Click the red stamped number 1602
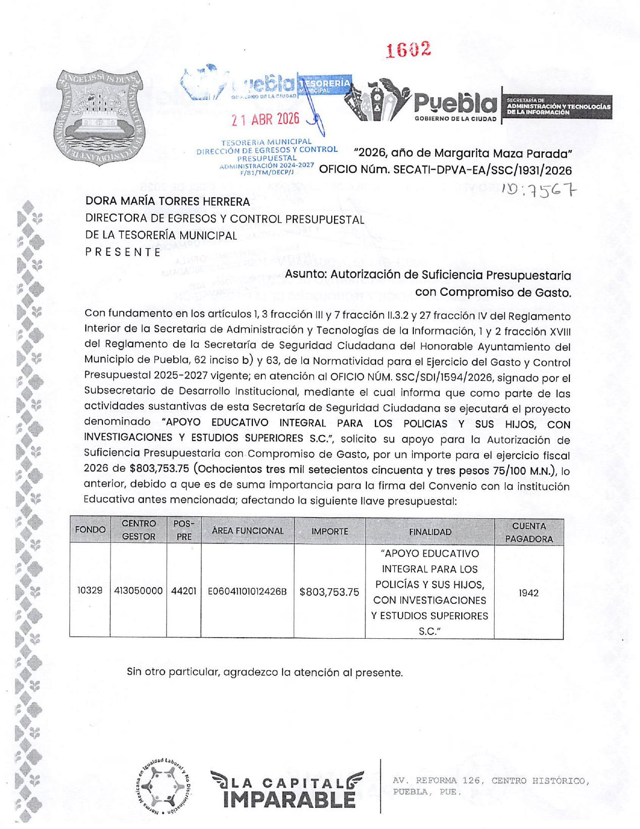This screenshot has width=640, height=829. click(408, 49)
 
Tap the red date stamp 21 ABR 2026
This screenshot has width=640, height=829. click(265, 120)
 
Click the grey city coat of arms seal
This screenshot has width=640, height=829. click(99, 117)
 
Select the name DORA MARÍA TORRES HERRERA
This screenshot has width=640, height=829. click(168, 201)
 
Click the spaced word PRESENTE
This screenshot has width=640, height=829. click(123, 252)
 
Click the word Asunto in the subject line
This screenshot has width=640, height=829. click(305, 275)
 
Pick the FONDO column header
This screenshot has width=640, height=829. click(90, 530)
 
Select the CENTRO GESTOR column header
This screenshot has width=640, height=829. click(139, 530)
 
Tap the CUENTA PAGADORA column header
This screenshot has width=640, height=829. click(529, 532)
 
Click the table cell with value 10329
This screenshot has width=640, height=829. click(90, 590)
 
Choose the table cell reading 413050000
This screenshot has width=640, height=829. click(138, 591)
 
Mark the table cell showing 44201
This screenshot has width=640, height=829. click(184, 591)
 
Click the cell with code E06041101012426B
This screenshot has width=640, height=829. click(247, 591)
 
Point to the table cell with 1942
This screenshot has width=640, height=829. click(528, 593)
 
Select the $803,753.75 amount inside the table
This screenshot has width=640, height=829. click(329, 592)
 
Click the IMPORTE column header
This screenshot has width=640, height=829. click(330, 531)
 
